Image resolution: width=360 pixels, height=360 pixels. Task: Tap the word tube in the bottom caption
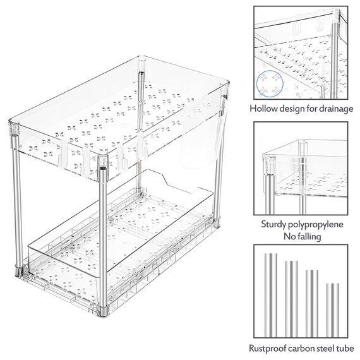coord(344,349)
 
